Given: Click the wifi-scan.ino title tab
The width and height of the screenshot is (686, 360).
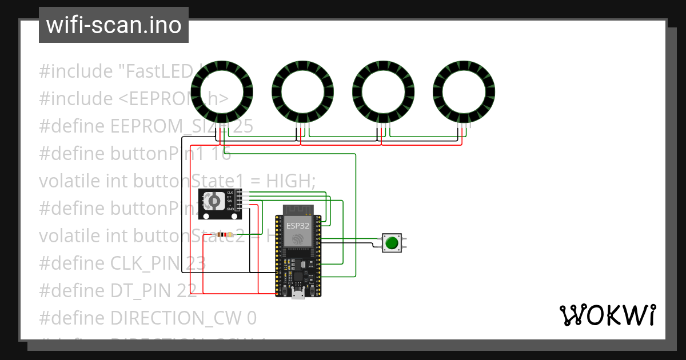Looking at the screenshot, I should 113,26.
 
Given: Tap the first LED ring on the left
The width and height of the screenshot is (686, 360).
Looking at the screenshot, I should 222,91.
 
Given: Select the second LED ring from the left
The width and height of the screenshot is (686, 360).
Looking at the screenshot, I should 303,91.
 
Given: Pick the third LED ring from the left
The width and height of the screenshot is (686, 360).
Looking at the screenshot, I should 384,91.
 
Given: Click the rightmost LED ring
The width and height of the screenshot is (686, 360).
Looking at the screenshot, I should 464,91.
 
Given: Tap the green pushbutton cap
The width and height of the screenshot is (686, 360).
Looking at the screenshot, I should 392,243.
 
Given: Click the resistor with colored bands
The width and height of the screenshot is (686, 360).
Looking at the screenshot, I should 226,235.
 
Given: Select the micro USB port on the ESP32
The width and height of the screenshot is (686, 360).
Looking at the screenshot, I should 298,294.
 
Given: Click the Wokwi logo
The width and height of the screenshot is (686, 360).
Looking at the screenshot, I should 607,315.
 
